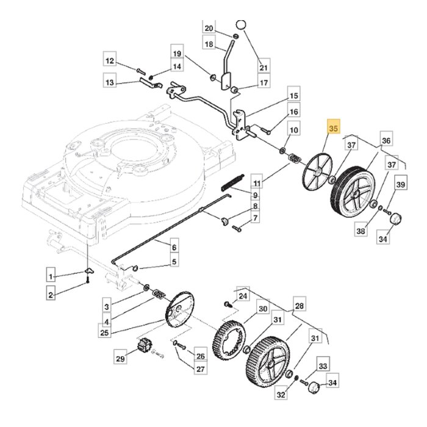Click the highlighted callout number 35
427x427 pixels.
(x=333, y=129)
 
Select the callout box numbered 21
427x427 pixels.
(x=264, y=67)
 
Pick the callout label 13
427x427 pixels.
(x=110, y=82)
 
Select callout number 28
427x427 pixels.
(x=299, y=306)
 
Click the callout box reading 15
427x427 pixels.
(x=294, y=96)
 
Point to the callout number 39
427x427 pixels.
(x=401, y=185)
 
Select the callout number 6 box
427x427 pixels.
(x=174, y=248)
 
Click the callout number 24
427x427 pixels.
(x=243, y=296)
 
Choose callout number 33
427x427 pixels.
(x=323, y=366)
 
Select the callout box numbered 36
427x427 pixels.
(x=386, y=141)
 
